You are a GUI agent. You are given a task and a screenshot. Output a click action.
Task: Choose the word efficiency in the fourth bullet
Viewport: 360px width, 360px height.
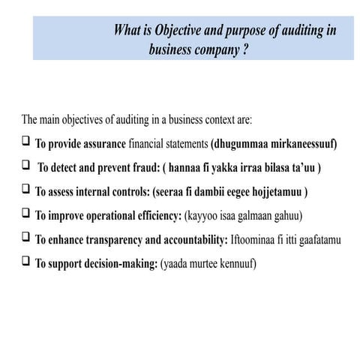click(x=154, y=216)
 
